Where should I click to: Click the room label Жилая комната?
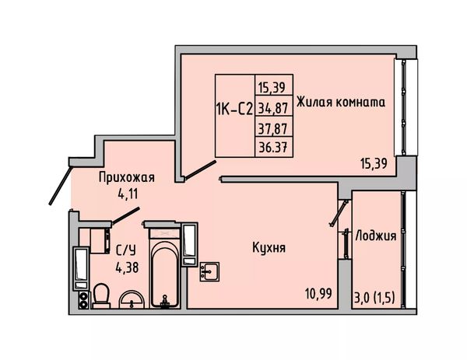(x=341, y=102)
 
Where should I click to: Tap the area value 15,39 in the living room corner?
(x=374, y=163)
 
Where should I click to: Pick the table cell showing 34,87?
(x=273, y=108)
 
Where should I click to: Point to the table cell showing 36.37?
(x=273, y=147)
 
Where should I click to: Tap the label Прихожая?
(x=127, y=177)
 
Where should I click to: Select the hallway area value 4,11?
(x=128, y=194)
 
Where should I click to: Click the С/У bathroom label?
(x=125, y=251)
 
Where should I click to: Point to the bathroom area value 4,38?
(x=127, y=267)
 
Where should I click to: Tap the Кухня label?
(x=269, y=247)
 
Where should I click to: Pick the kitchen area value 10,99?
(x=318, y=294)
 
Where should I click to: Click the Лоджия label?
(x=376, y=236)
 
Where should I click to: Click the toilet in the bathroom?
(x=101, y=295)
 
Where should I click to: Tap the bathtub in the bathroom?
(x=165, y=274)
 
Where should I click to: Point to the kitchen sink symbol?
(x=209, y=271)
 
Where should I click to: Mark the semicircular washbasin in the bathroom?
(x=132, y=299)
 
